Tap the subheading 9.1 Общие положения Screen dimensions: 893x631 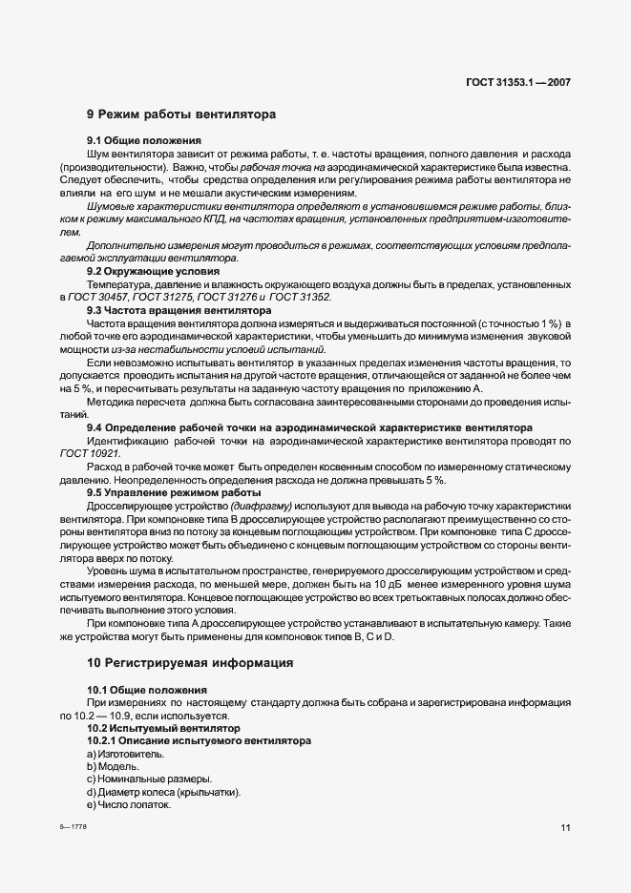coord(137,140)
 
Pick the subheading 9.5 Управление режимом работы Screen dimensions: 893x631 coord(166,492)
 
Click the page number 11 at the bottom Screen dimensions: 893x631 coord(565,828)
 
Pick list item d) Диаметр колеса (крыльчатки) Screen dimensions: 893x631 coord(163,793)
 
